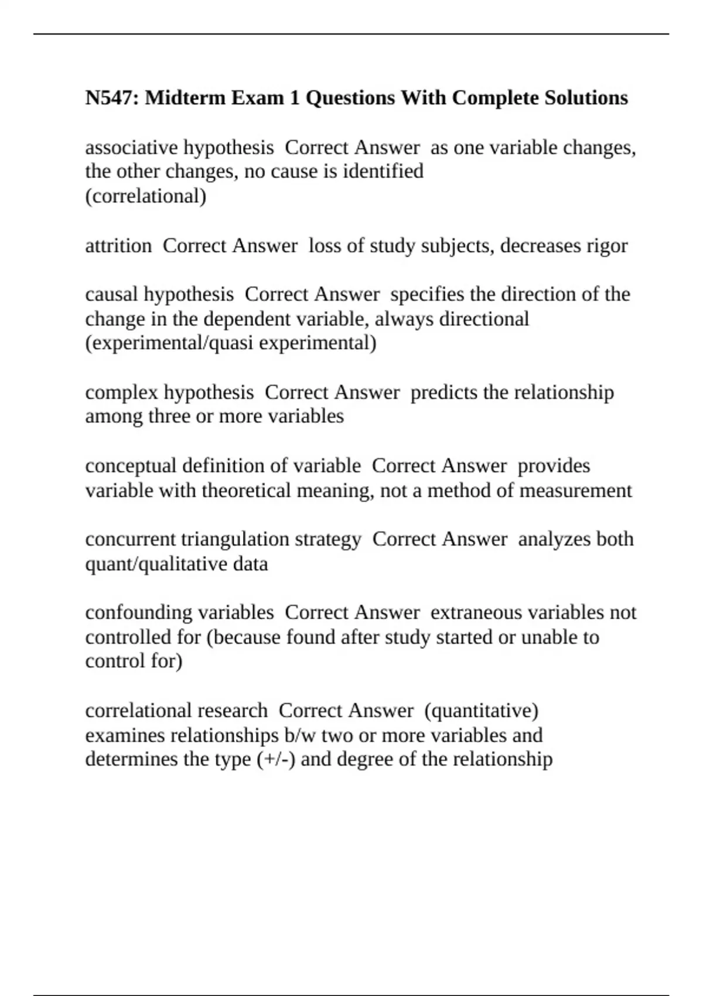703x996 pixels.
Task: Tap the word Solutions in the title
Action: pos(586,97)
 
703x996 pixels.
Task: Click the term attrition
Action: pos(118,245)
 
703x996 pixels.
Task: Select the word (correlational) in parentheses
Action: pos(146,196)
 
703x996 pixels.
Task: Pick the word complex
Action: pos(121,392)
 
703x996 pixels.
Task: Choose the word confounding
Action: pos(137,612)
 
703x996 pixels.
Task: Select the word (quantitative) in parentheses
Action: pos(481,711)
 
